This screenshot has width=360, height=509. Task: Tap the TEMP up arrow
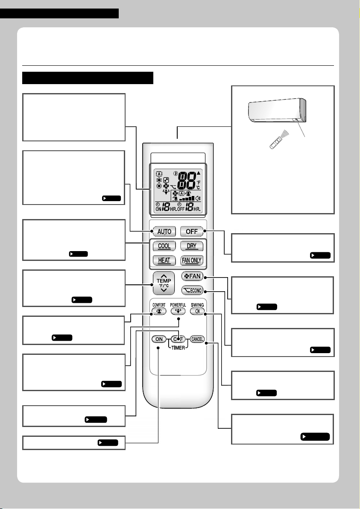[x=164, y=275]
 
